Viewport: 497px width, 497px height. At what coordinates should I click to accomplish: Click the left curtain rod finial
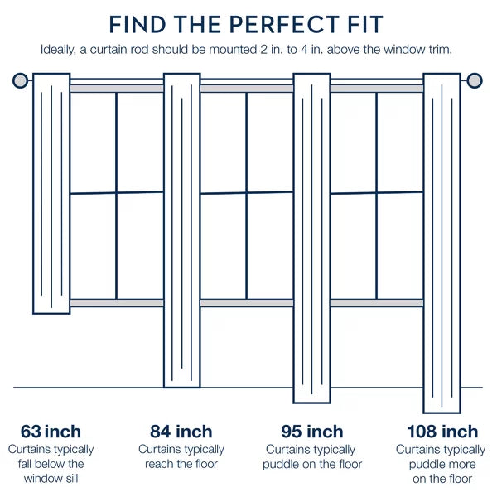(20, 80)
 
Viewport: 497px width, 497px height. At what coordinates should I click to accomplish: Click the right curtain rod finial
(475, 80)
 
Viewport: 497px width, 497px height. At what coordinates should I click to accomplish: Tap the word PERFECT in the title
(284, 24)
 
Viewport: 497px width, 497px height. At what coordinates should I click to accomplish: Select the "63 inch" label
(51, 432)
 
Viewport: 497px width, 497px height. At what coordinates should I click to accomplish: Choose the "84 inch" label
(181, 432)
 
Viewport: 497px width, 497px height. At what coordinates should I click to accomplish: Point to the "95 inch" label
(312, 432)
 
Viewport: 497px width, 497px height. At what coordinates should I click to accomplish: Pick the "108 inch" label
(442, 432)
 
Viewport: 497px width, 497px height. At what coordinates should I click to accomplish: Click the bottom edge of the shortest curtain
(51, 313)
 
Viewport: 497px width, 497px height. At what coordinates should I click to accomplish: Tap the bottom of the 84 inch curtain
(182, 387)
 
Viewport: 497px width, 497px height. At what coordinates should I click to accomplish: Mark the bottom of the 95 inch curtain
(312, 403)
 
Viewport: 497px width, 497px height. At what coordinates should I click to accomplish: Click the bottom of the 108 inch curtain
(442, 413)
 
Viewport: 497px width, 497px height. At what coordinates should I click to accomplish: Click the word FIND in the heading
(138, 24)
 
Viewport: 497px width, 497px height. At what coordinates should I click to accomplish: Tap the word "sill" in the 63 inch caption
(71, 478)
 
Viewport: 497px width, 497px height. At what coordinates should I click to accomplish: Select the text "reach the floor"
(181, 464)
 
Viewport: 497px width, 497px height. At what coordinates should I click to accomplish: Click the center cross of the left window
(116, 192)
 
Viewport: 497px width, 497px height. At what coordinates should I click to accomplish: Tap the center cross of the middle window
(247, 192)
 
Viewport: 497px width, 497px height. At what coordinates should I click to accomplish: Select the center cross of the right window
(377, 192)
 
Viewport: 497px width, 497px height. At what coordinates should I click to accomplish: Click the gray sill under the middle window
(247, 303)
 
